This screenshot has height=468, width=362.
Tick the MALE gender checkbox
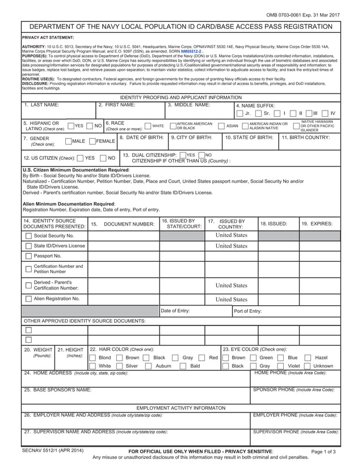click(69, 141)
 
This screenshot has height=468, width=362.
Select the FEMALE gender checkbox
click(92, 141)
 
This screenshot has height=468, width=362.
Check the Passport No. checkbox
click(28, 256)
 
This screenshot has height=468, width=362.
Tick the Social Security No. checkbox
click(28, 235)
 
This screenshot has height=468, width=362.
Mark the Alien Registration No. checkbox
click(28, 299)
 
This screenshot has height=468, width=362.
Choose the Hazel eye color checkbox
click(308, 358)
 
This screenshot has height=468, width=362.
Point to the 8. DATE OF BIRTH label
click(141, 137)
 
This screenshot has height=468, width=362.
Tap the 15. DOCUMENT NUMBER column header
click(123, 224)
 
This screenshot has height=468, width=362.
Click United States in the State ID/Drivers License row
click(231, 246)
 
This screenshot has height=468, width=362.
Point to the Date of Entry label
click(175, 310)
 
